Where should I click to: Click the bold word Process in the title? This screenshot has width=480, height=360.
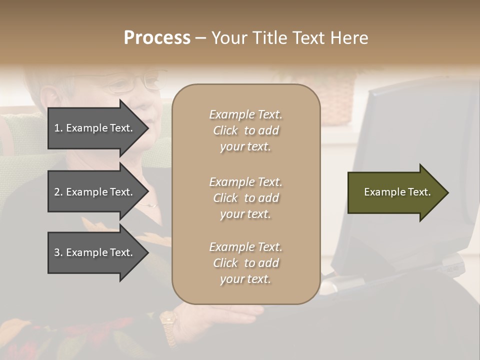tap(157, 38)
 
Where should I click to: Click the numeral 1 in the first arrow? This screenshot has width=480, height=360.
tap(57, 128)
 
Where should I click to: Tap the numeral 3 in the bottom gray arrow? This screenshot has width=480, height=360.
tap(57, 252)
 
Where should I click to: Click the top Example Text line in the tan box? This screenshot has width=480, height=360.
tap(245, 114)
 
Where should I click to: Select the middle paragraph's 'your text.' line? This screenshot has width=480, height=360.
tap(245, 214)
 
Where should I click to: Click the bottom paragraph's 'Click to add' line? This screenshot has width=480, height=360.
tap(245, 263)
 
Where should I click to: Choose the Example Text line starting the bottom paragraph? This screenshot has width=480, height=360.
tap(245, 247)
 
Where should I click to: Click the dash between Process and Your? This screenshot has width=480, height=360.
tap(200, 38)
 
